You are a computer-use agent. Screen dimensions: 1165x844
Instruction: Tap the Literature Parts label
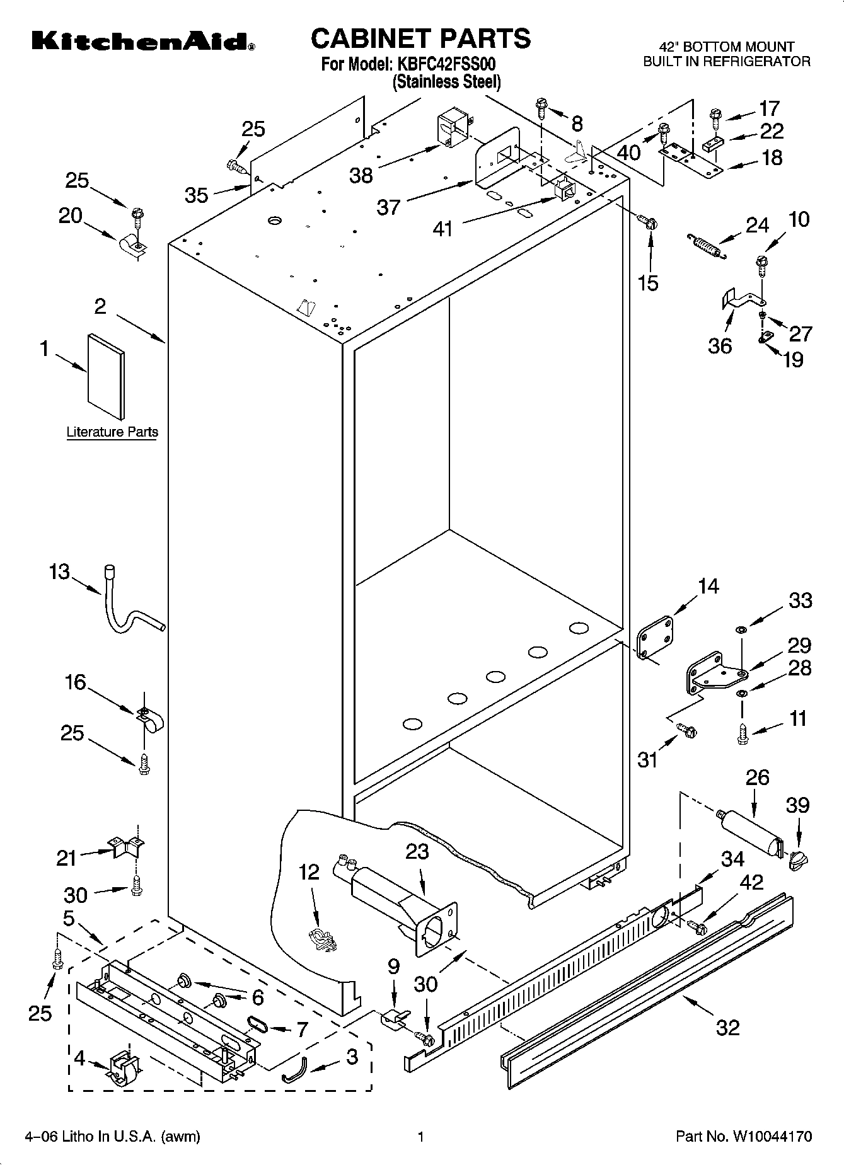112,432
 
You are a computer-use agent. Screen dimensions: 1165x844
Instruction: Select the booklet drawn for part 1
106,376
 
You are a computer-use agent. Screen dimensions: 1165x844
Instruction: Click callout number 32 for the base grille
728,1028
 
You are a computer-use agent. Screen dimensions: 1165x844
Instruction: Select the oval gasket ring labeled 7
258,1024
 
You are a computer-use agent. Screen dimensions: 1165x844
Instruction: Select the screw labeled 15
649,221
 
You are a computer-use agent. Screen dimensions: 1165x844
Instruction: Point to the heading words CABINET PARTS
421,38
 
